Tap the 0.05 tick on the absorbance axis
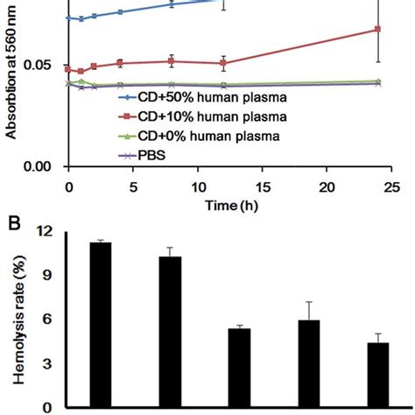pyautogui.click(x=46, y=65)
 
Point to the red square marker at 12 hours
pyautogui.click(x=224, y=63)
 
